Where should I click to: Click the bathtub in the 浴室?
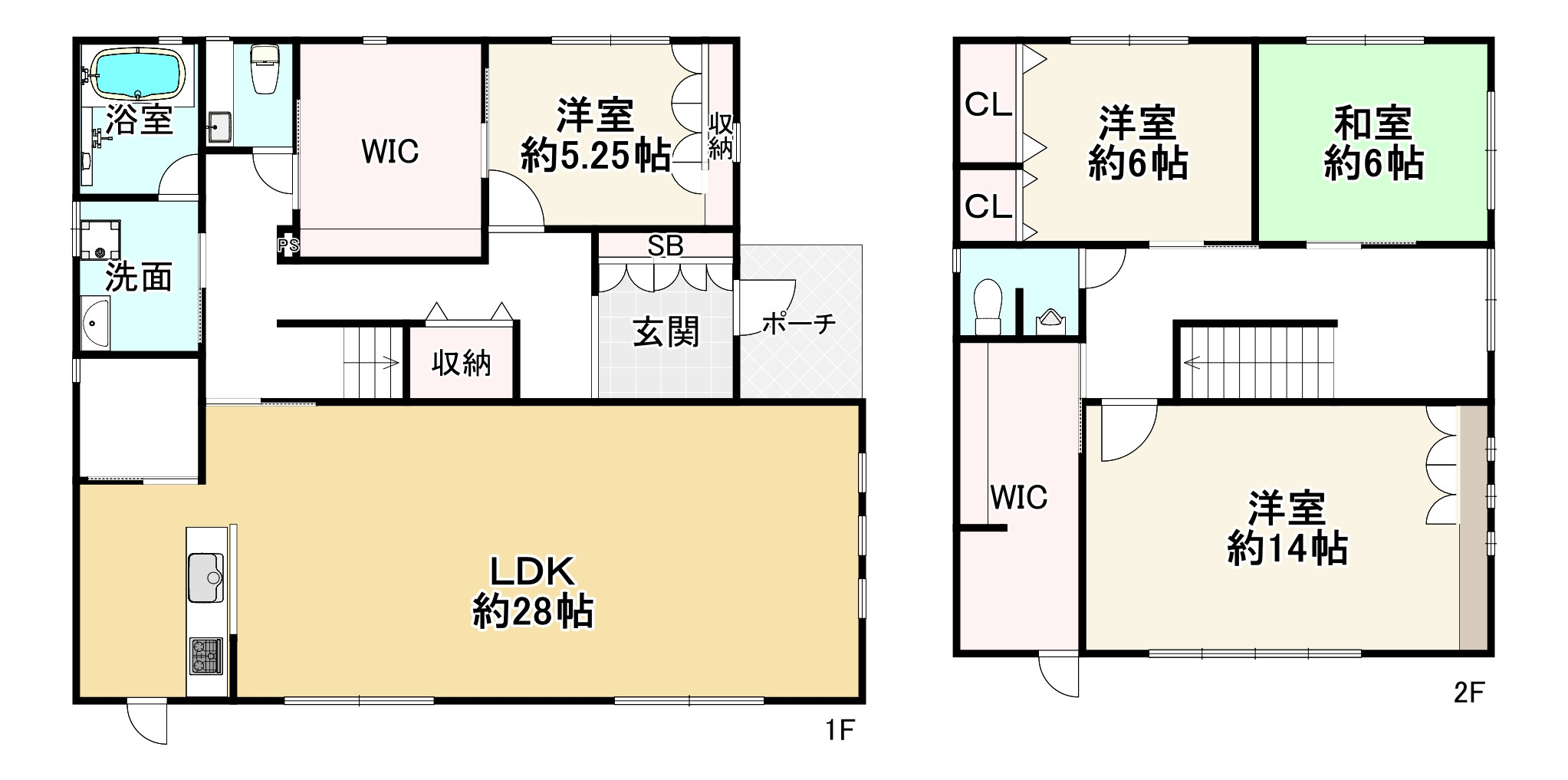tap(139, 75)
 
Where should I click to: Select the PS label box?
tap(288, 246)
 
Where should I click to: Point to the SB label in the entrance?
tap(665, 246)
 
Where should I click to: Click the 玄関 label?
tap(666, 333)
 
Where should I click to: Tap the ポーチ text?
tap(798, 324)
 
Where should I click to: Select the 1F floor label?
tap(840, 730)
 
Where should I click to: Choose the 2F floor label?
tap(1469, 693)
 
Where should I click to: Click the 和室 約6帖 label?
tap(1373, 144)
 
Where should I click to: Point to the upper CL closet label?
tap(988, 105)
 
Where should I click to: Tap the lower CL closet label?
tap(988, 206)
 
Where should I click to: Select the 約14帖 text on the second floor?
tap(1287, 548)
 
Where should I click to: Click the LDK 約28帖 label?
tap(533, 592)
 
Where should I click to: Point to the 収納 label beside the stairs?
tap(461, 363)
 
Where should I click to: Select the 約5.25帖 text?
tap(596, 157)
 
